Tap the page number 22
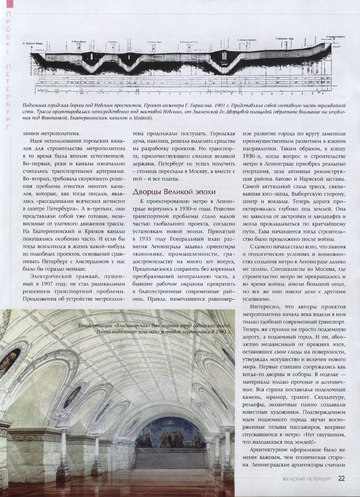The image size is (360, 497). click(341, 479)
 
